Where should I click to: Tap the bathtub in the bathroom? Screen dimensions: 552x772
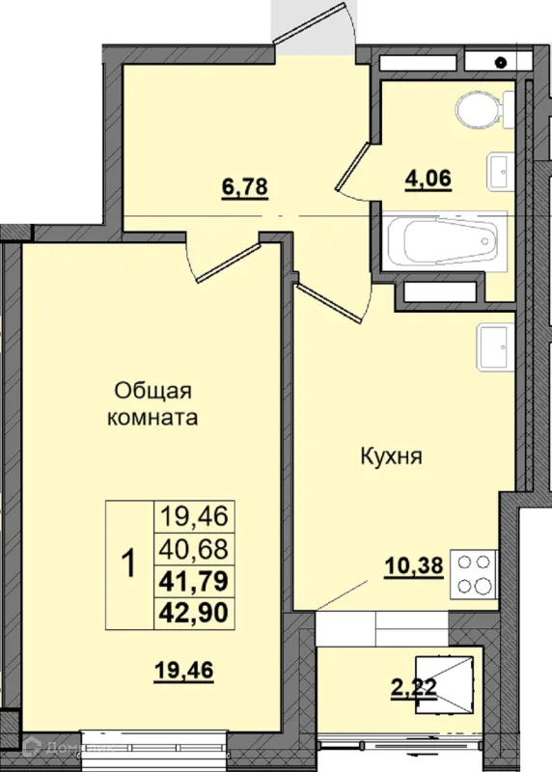click(x=447, y=240)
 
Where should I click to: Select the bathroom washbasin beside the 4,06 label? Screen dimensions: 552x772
click(x=500, y=172)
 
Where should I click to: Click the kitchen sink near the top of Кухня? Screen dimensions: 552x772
click(x=495, y=346)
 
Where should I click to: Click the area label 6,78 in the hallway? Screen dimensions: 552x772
click(x=245, y=187)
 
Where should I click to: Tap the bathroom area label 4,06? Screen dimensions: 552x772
click(x=428, y=179)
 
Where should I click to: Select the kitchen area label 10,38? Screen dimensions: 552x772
click(x=414, y=567)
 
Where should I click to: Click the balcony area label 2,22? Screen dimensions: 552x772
click(x=414, y=688)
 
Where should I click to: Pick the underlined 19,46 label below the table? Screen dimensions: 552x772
click(x=183, y=671)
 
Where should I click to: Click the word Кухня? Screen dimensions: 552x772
click(x=392, y=456)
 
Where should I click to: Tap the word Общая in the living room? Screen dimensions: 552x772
click(x=152, y=392)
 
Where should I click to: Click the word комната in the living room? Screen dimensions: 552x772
click(x=152, y=418)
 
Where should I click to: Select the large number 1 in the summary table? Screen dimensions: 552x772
click(x=129, y=565)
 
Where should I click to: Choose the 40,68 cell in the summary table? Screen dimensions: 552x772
click(x=194, y=549)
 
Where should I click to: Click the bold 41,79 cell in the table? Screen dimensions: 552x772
click(x=194, y=581)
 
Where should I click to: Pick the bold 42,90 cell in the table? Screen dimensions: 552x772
click(x=194, y=613)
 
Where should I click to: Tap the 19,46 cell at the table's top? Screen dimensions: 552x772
click(x=194, y=517)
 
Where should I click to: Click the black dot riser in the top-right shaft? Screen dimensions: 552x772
click(x=501, y=63)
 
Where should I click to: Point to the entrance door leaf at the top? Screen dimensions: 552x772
click(x=309, y=22)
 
